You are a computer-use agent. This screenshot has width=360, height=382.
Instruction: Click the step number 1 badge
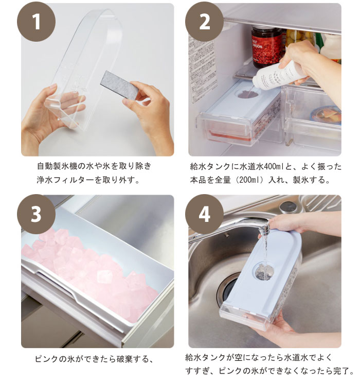tap(37, 22)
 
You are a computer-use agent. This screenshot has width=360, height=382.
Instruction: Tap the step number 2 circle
tap(205, 22)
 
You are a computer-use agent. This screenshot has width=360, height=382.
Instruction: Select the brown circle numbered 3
tap(37, 214)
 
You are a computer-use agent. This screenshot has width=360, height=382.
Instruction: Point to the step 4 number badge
tap(205, 214)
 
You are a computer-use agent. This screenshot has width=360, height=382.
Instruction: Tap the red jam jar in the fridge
tap(267, 47)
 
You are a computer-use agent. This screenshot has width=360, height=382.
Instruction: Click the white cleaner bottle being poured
tap(280, 74)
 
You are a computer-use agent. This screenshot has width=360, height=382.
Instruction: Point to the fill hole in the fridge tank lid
tap(248, 94)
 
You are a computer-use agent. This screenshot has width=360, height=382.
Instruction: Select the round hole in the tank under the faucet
tap(264, 271)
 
